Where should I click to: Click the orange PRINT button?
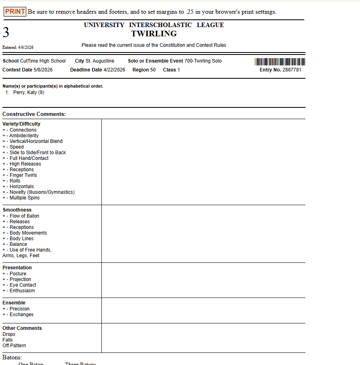(15, 12)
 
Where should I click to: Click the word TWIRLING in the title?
(154, 34)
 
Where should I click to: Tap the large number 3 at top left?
(6, 32)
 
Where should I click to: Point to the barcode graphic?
(280, 62)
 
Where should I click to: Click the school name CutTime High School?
(43, 61)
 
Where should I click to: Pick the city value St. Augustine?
(100, 61)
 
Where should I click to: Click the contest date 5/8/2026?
(43, 70)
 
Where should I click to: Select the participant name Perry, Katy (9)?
(29, 92)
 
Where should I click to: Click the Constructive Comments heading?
(34, 114)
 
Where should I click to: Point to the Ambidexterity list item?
(24, 136)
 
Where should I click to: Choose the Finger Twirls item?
(23, 175)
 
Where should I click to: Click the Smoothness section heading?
(17, 210)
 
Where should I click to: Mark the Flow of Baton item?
(24, 216)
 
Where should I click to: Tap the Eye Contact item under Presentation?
(23, 285)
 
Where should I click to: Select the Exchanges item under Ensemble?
(21, 315)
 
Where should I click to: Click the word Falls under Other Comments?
(8, 340)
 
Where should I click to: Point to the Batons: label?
(12, 357)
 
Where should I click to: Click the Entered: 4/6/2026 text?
(18, 48)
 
